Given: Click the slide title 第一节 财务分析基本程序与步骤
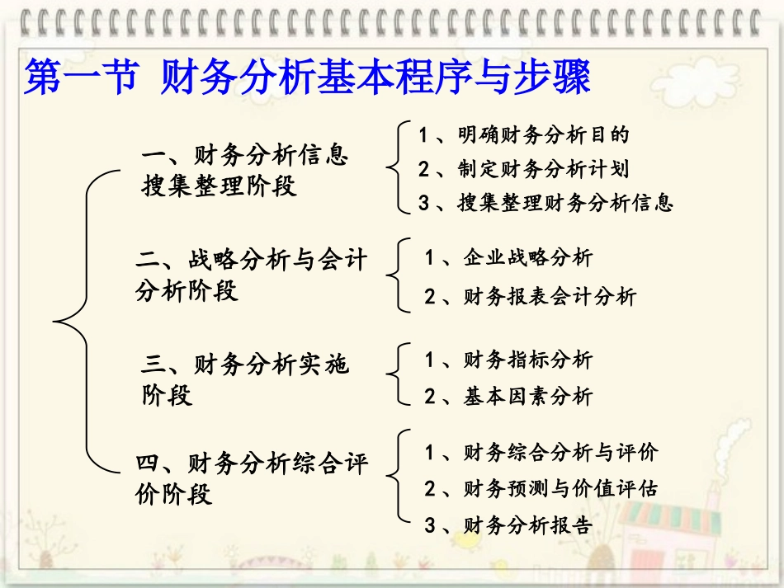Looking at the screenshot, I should point(307,80).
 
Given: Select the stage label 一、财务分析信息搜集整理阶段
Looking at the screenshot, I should point(245,171).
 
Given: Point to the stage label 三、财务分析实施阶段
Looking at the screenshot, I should point(245,379).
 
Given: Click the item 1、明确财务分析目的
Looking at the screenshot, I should point(523,134).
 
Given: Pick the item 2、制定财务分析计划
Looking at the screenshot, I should point(523,169).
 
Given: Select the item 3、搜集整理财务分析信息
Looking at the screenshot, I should point(545,203).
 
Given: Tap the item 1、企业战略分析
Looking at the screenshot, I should point(508,258).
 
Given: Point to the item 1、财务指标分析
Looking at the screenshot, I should point(508,360).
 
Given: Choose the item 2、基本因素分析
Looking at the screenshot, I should point(508,397).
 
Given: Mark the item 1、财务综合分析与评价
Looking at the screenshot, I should point(541,452).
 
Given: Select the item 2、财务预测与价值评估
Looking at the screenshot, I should point(541,488).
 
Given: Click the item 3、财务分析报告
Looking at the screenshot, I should point(508,525).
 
